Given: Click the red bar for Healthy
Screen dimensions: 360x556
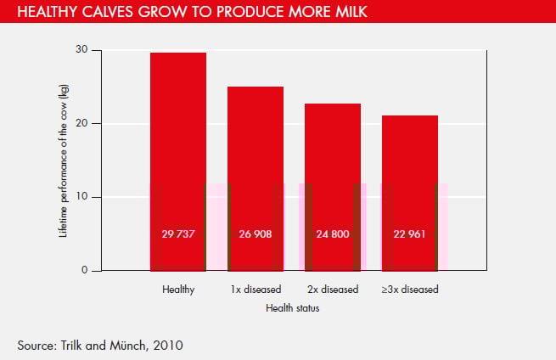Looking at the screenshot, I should [178, 161].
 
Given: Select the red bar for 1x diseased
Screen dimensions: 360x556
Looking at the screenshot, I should [256, 178].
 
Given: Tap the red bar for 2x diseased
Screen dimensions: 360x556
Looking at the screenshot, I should [333, 187].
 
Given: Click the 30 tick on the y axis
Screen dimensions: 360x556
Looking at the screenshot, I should [81, 50].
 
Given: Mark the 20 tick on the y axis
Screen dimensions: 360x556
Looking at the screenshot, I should [81, 123].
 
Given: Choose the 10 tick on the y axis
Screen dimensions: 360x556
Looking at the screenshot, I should [81, 197].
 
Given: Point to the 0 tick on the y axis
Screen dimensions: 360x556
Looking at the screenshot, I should [84, 271].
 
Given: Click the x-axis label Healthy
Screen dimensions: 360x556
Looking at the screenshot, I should [178, 290].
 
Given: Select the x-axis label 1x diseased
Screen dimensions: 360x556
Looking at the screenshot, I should [256, 290].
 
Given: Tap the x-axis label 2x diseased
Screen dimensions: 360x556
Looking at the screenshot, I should [333, 290].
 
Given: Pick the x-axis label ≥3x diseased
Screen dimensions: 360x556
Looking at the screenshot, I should [410, 290].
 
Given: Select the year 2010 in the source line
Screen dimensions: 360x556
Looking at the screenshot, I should [166, 345].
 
